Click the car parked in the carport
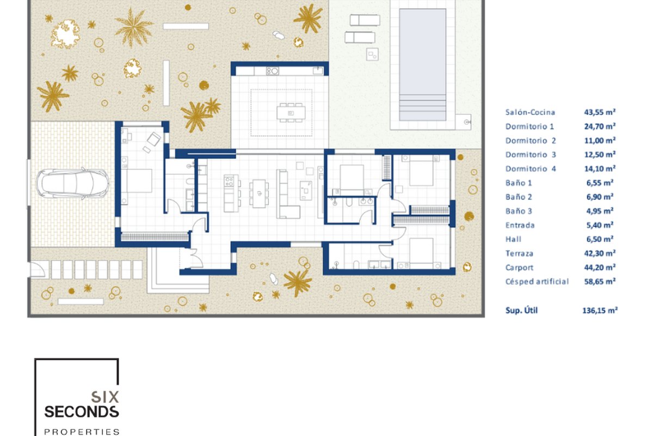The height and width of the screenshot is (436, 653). [x=73, y=184]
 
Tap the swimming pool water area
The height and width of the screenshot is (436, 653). [x=422, y=64]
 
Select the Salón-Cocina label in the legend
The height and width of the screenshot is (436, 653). [x=530, y=112]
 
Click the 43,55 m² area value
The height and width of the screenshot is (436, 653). [x=600, y=112]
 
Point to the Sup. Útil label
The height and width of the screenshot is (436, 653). [x=521, y=310]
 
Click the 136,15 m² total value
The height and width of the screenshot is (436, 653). [x=600, y=310]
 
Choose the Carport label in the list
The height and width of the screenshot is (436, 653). [x=519, y=268]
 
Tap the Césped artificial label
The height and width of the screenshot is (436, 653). [x=537, y=282]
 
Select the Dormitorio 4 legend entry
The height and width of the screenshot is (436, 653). [x=531, y=168]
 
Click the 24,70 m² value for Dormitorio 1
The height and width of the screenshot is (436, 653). [x=600, y=126]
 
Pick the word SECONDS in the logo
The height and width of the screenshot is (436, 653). [x=82, y=412]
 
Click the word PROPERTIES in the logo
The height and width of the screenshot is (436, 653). [x=82, y=432]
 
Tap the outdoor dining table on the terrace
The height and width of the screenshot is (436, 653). [x=291, y=113]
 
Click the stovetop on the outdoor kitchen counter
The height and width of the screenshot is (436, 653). [x=272, y=71]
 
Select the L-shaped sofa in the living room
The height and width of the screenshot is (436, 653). [x=287, y=194]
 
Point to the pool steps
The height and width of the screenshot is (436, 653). [x=422, y=107]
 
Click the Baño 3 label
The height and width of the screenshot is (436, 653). [x=519, y=211]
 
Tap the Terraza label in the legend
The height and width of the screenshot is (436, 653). [x=519, y=253]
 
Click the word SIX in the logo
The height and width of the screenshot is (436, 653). [x=105, y=397]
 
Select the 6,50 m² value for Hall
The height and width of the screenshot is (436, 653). [x=600, y=239]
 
